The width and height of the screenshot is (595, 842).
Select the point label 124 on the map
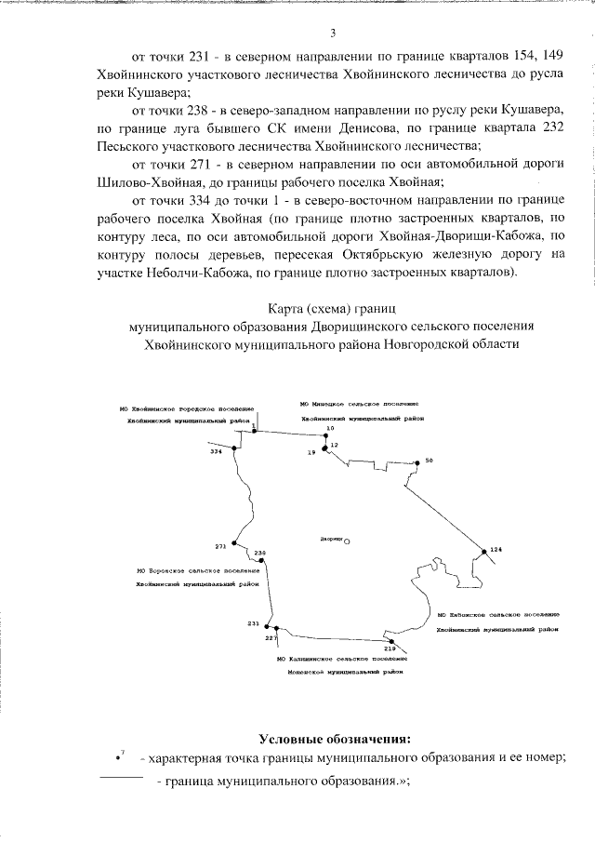(x=496, y=551)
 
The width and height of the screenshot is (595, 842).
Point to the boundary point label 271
(x=220, y=545)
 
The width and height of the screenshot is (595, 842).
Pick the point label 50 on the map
(x=429, y=461)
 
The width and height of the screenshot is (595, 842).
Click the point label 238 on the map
(x=260, y=553)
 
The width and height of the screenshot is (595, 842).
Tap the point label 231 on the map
(x=253, y=622)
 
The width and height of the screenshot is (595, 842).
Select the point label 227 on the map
(x=271, y=639)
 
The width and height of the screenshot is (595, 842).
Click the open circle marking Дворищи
(x=347, y=541)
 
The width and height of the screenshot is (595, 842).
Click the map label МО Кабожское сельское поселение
(x=496, y=615)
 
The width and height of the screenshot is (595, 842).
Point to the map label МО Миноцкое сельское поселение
(x=359, y=405)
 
